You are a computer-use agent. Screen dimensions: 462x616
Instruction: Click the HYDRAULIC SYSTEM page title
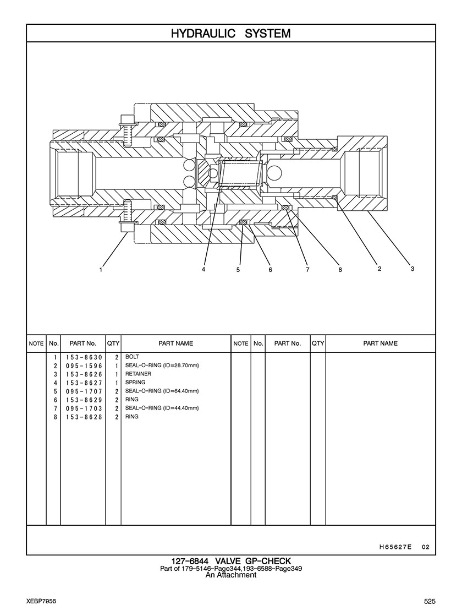pos(231,34)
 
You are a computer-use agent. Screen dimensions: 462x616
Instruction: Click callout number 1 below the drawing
pos(101,270)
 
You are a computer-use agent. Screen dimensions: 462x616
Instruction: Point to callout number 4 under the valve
pos(204,270)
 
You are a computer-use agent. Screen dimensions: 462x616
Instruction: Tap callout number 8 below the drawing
pos(340,270)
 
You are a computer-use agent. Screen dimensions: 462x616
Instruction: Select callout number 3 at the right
pos(412,269)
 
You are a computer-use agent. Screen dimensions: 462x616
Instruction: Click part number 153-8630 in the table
pos(84,357)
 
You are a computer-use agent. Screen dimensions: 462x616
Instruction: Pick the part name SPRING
pos(135,382)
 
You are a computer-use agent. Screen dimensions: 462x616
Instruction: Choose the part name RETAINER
pos(138,374)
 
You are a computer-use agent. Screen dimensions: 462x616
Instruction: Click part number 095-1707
pos(84,391)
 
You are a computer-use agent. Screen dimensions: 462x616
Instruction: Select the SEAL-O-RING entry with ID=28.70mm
pos(162,366)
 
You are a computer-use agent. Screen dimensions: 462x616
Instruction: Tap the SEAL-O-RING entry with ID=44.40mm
pos(162,408)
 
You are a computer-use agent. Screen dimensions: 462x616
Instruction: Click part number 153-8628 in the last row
pos(84,417)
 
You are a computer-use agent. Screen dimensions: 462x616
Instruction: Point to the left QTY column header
pos(113,343)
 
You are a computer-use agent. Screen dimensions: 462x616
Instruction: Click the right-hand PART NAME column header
pos(380,343)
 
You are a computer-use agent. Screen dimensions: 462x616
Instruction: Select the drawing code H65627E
pos(395,547)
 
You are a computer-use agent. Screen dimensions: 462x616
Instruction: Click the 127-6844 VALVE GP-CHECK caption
pos(231,561)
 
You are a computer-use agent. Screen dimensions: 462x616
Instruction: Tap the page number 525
pos(430,601)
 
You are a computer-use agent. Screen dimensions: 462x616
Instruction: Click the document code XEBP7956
pos(41,601)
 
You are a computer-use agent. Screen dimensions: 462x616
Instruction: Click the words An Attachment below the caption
pos(231,575)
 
